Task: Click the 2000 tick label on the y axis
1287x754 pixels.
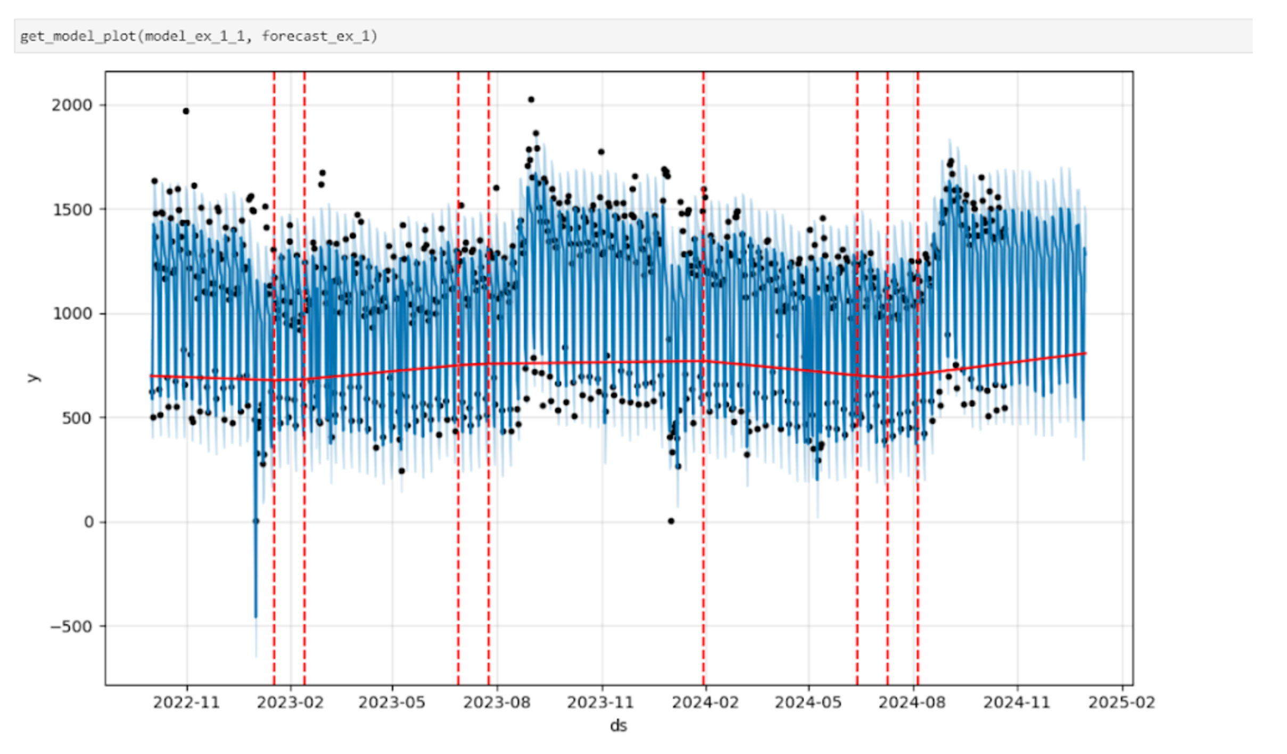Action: click(72, 105)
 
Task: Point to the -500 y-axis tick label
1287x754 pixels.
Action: click(71, 626)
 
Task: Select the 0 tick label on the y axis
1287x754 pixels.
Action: click(88, 522)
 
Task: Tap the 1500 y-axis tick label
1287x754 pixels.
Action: click(72, 210)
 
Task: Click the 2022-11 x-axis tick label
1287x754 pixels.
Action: click(186, 703)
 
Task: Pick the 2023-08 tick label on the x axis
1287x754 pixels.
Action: click(497, 703)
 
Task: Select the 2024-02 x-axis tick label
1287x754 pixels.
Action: click(705, 703)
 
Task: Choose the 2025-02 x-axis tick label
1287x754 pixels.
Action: click(1122, 703)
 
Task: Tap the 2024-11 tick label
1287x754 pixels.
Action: click(1017, 703)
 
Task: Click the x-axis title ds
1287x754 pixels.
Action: click(618, 726)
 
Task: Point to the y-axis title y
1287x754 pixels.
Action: click(32, 378)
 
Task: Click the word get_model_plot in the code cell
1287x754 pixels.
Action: click(78, 36)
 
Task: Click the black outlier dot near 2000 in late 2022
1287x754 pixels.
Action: click(186, 111)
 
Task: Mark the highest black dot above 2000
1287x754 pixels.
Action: click(531, 100)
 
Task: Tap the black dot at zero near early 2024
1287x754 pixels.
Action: click(671, 521)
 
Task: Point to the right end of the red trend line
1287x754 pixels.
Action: click(1085, 353)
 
